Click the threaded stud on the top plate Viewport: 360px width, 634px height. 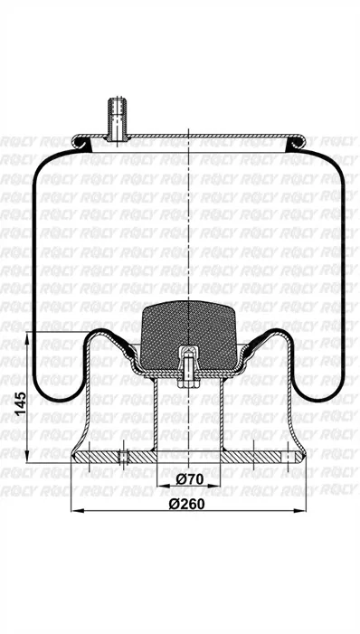116,118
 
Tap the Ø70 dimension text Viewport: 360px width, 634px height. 187,478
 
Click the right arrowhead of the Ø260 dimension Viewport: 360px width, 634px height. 301,512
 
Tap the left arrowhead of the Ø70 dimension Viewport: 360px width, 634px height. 159,487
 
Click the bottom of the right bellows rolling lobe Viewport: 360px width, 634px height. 318,399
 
